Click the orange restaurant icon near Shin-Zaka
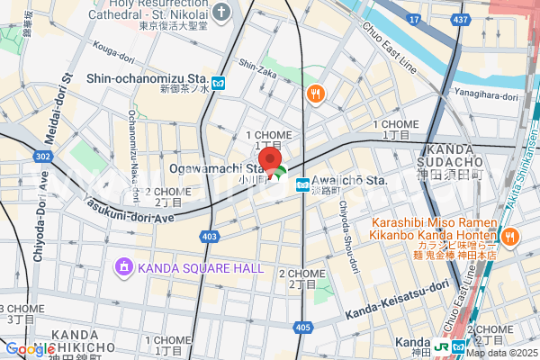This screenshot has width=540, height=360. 315,93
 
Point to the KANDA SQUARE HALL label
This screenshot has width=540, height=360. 201,267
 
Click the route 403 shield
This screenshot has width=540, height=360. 209,237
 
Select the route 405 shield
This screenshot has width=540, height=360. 302,328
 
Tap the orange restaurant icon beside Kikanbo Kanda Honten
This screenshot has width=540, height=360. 510,237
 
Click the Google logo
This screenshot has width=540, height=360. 30,349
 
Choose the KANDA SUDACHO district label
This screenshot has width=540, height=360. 454,155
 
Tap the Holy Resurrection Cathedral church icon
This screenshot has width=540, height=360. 223,12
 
